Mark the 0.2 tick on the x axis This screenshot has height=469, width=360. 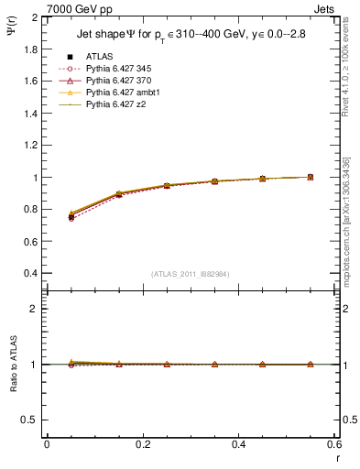[x=142, y=443]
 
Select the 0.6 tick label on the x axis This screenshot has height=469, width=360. [x=333, y=443]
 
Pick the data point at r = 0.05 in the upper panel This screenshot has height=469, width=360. [x=71, y=216]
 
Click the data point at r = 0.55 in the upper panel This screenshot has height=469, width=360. [x=311, y=177]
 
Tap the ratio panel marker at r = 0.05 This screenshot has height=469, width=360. [x=71, y=364]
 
